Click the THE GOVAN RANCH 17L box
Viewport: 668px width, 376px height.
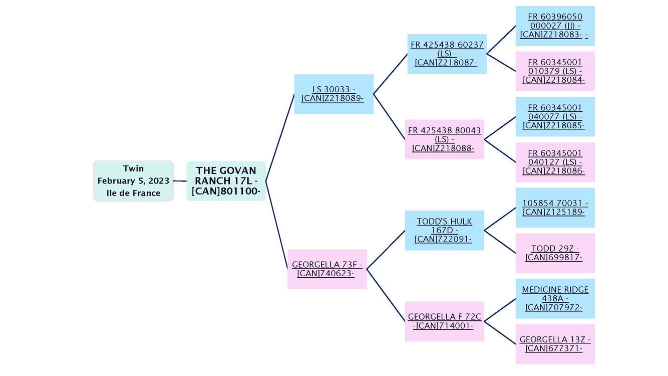coord(226,181)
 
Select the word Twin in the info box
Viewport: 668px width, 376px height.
coord(133,169)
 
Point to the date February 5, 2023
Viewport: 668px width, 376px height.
coord(133,181)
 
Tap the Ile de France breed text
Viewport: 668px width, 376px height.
coord(133,193)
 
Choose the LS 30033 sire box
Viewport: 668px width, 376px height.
coord(333,94)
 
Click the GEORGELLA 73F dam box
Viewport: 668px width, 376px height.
coord(327,269)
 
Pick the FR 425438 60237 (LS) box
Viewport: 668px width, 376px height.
coord(447,54)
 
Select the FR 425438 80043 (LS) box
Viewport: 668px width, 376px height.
coord(444,139)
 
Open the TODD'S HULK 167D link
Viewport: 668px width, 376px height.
coord(444,230)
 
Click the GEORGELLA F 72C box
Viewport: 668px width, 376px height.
coord(444,321)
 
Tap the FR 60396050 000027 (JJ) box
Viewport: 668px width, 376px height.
coord(555,26)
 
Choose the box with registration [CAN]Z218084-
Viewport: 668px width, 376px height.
coord(555,71)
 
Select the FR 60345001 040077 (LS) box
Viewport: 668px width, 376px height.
coord(555,117)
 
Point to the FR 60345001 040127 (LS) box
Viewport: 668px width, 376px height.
coord(555,162)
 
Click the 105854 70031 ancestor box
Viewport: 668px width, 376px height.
coord(555,208)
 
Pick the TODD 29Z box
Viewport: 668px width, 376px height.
coord(555,253)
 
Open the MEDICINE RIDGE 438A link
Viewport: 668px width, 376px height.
coord(555,298)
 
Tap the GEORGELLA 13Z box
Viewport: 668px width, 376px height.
coord(555,344)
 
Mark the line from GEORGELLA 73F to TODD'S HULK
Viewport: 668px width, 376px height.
coord(386,250)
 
